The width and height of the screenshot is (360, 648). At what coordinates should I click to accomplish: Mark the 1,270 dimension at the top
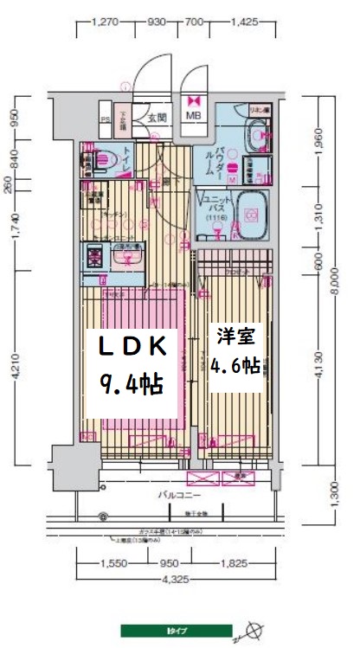104,22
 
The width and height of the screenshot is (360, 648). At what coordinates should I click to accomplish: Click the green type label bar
177,631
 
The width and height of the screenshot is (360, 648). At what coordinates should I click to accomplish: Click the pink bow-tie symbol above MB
193,99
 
